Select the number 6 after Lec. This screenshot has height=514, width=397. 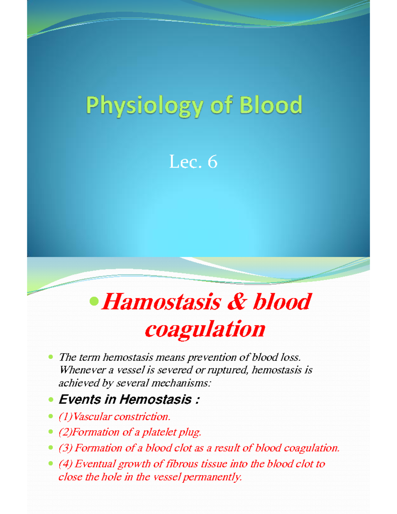212,162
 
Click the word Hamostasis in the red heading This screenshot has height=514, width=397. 161,302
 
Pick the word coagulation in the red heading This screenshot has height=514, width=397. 205,329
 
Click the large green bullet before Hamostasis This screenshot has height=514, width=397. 94,301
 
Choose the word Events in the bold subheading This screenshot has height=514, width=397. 80,399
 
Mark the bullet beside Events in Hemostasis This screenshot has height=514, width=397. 51,399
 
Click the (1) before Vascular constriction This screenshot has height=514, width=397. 65,417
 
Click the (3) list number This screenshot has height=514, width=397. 65,448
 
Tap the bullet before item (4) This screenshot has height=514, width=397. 51,463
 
